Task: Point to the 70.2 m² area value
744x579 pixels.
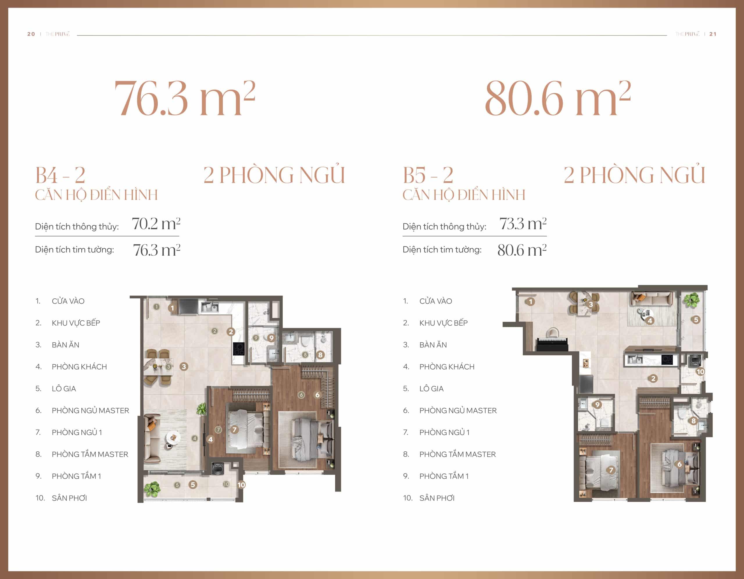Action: click(x=156, y=224)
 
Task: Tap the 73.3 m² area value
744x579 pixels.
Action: click(x=523, y=224)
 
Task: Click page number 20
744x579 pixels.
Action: click(x=31, y=34)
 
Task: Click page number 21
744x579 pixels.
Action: click(x=713, y=34)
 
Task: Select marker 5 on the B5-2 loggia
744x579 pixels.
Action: click(x=696, y=320)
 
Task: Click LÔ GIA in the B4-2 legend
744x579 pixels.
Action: click(x=64, y=389)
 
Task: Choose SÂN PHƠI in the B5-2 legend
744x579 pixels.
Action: click(x=437, y=498)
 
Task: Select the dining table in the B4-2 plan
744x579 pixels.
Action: click(x=159, y=367)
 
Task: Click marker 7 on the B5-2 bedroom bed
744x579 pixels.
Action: click(x=611, y=470)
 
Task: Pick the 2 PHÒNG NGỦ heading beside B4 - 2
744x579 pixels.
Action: click(x=274, y=175)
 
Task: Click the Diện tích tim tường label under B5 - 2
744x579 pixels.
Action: click(x=442, y=250)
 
